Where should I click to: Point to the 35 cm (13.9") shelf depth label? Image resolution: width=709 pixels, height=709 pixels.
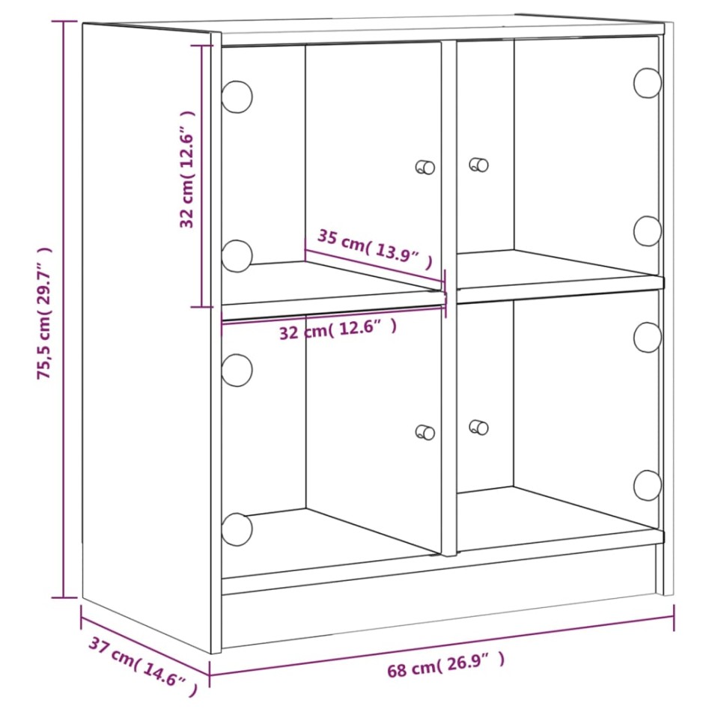click(374, 249)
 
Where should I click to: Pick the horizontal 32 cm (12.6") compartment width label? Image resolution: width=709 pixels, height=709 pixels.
click(337, 329)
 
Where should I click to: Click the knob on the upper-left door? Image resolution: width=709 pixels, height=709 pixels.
click(425, 167)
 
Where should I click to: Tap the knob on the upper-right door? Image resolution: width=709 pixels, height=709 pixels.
click(478, 165)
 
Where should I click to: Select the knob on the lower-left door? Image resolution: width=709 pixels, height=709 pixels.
click(425, 431)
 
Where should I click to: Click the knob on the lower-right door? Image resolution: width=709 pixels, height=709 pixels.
click(478, 427)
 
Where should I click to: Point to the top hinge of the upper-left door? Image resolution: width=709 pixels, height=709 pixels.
click(237, 97)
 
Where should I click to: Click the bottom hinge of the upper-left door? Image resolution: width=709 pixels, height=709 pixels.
click(237, 255)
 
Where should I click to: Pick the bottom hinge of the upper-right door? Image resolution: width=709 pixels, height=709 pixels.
click(648, 231)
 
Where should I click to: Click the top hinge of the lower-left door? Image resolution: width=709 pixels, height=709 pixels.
click(237, 370)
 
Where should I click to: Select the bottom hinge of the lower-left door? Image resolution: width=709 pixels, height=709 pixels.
click(237, 529)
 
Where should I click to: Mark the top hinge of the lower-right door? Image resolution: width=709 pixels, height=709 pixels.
click(648, 337)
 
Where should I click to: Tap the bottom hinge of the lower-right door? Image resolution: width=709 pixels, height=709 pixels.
click(648, 485)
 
